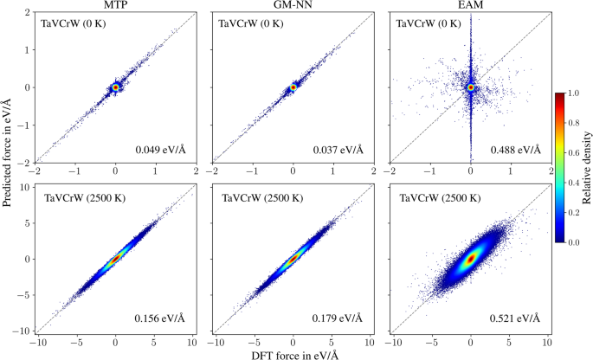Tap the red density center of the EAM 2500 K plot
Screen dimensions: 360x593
point(470,258)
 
